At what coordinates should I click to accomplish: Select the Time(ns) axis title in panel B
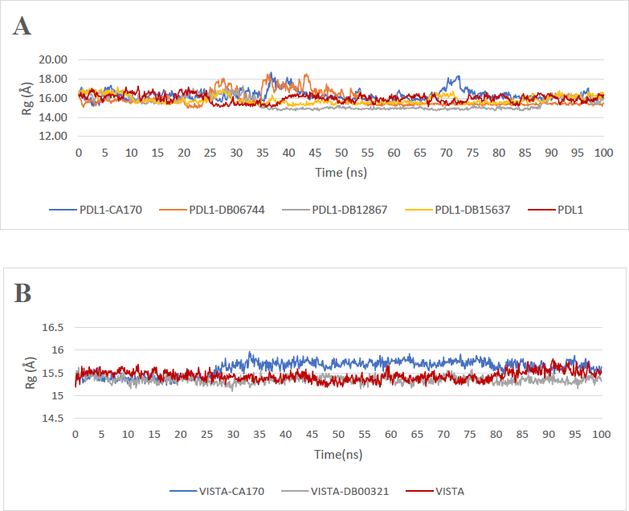(x=337, y=455)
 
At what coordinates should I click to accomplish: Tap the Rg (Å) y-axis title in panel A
(x=29, y=98)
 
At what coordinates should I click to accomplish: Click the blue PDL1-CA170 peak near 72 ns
(x=457, y=78)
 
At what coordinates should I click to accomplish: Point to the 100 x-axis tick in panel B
(x=602, y=434)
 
